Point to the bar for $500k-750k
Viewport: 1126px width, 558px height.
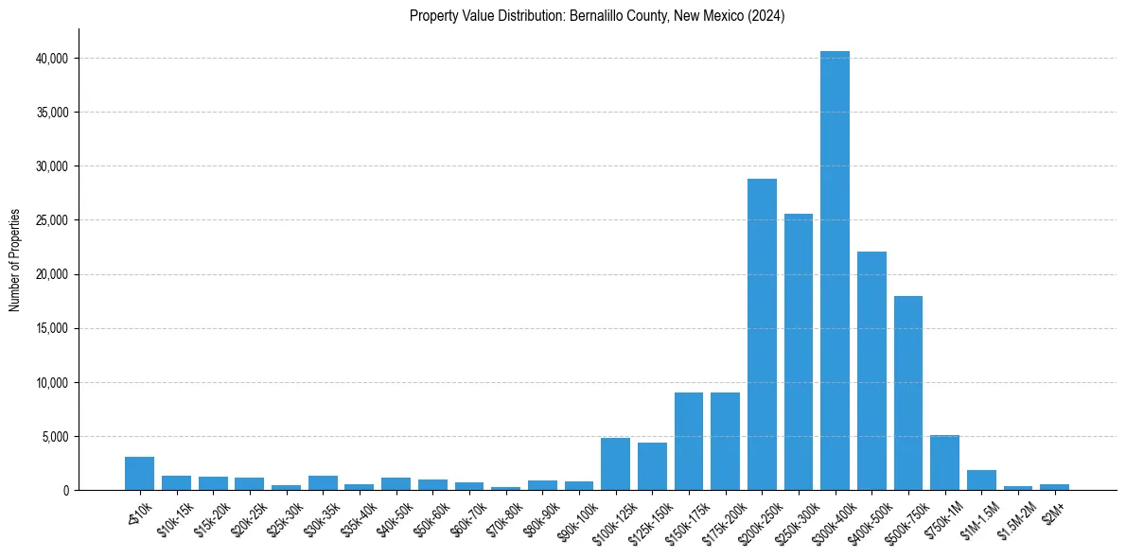(907, 392)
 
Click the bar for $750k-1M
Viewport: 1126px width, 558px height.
(944, 462)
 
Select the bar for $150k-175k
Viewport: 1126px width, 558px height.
(688, 441)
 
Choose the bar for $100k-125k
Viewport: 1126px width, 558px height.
(615, 464)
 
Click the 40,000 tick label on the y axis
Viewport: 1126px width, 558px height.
(51, 59)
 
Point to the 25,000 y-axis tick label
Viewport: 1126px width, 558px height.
(51, 220)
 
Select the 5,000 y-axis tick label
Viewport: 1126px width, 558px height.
(55, 437)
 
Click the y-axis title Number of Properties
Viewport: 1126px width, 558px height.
(14, 260)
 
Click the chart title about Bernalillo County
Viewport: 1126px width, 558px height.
(597, 16)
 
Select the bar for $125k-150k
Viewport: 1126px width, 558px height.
(652, 466)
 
